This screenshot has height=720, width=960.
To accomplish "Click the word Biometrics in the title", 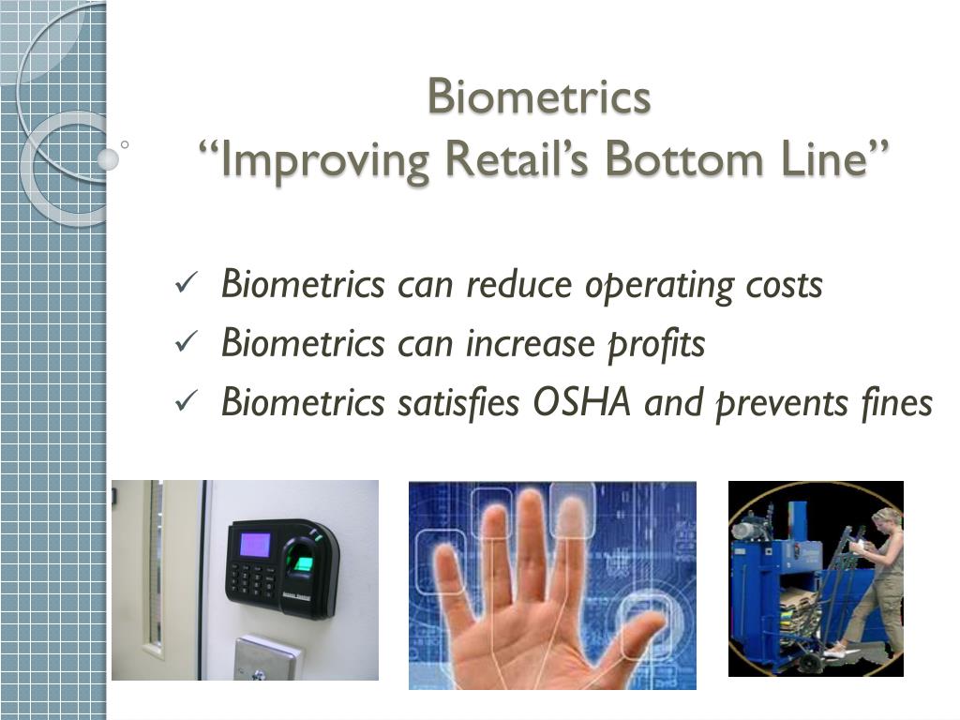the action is (x=539, y=97).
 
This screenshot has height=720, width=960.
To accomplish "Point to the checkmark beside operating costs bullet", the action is (x=186, y=283).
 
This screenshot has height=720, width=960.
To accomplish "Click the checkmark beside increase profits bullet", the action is (x=186, y=342).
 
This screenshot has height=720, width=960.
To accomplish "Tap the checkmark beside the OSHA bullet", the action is (x=186, y=401).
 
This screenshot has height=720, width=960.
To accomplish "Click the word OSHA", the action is (x=581, y=403).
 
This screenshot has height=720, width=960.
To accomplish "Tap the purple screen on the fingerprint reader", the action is (x=255, y=545).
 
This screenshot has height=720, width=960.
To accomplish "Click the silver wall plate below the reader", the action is (x=267, y=659).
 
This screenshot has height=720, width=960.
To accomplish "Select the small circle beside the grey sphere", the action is (x=125, y=145).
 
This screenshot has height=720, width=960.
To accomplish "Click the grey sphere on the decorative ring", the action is (x=108, y=159).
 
